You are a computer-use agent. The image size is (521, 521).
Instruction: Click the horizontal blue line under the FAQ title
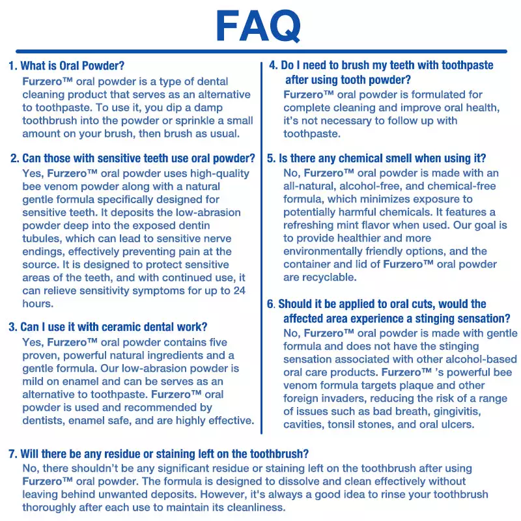[260, 51]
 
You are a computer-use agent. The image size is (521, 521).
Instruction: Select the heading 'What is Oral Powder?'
[72, 66]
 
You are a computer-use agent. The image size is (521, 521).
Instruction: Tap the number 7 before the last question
[12, 454]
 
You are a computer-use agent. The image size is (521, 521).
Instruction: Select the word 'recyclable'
[330, 277]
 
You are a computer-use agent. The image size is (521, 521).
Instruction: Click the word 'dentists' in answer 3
[44, 420]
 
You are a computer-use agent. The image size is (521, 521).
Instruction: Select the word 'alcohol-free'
[372, 186]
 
